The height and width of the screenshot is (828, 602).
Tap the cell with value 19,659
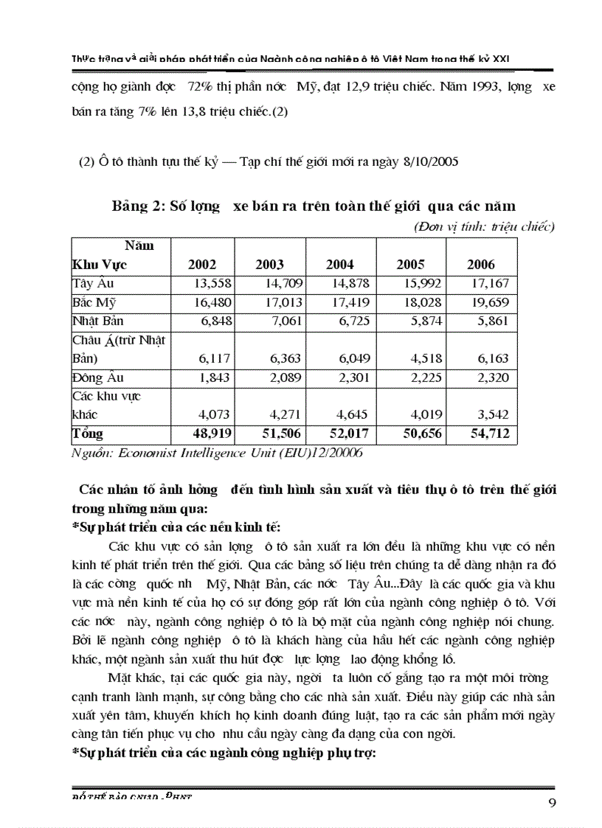point(489,302)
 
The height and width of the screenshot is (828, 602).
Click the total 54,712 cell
point(489,434)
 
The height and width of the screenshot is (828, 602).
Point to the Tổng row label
point(88,434)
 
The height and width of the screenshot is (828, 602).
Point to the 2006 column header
point(481,265)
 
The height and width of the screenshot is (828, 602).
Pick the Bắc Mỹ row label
point(93,302)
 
